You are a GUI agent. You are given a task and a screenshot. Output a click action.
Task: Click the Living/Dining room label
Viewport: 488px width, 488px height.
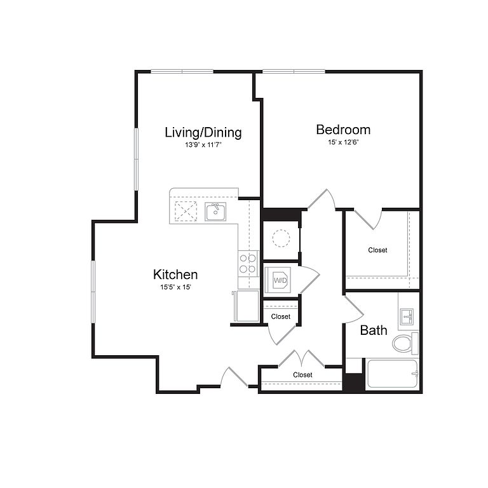click(x=203, y=133)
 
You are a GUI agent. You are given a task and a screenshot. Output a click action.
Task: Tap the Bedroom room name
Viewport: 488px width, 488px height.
click(x=343, y=130)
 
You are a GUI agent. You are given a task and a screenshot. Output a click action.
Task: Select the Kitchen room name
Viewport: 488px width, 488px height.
click(x=175, y=274)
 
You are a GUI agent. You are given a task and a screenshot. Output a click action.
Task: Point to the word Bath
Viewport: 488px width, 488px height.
click(x=374, y=330)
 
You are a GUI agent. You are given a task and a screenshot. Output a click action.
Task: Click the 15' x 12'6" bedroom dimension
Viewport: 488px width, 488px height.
click(x=343, y=142)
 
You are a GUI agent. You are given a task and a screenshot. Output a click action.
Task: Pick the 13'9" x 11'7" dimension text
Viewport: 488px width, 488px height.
click(x=203, y=145)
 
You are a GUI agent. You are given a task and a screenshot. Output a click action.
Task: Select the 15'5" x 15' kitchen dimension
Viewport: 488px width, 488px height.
click(x=175, y=287)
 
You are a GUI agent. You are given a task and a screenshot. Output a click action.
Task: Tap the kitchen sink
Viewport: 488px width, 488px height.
click(x=215, y=212)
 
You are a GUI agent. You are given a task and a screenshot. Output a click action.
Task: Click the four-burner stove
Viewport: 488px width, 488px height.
click(x=248, y=263)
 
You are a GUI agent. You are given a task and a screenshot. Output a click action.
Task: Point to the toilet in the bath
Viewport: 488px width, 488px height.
click(x=405, y=343)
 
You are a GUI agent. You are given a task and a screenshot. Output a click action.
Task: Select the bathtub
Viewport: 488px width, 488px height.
click(x=392, y=374)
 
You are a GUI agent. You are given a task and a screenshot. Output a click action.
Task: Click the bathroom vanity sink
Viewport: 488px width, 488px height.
click(x=407, y=316)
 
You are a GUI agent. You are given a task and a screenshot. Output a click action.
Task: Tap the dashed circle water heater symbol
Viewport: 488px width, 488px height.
click(x=281, y=238)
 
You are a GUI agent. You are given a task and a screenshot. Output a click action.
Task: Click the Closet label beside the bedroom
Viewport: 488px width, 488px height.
click(x=377, y=250)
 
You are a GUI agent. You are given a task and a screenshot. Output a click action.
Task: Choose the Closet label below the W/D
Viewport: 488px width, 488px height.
click(x=280, y=316)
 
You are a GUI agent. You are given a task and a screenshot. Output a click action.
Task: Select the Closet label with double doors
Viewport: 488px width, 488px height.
click(x=302, y=375)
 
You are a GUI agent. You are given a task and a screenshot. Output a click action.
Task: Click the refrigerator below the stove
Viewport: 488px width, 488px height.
click(x=246, y=306)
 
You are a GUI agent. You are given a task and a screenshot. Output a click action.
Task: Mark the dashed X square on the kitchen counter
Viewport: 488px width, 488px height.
click(x=186, y=212)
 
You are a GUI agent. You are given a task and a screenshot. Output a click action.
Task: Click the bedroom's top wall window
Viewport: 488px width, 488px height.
click(x=294, y=72)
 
